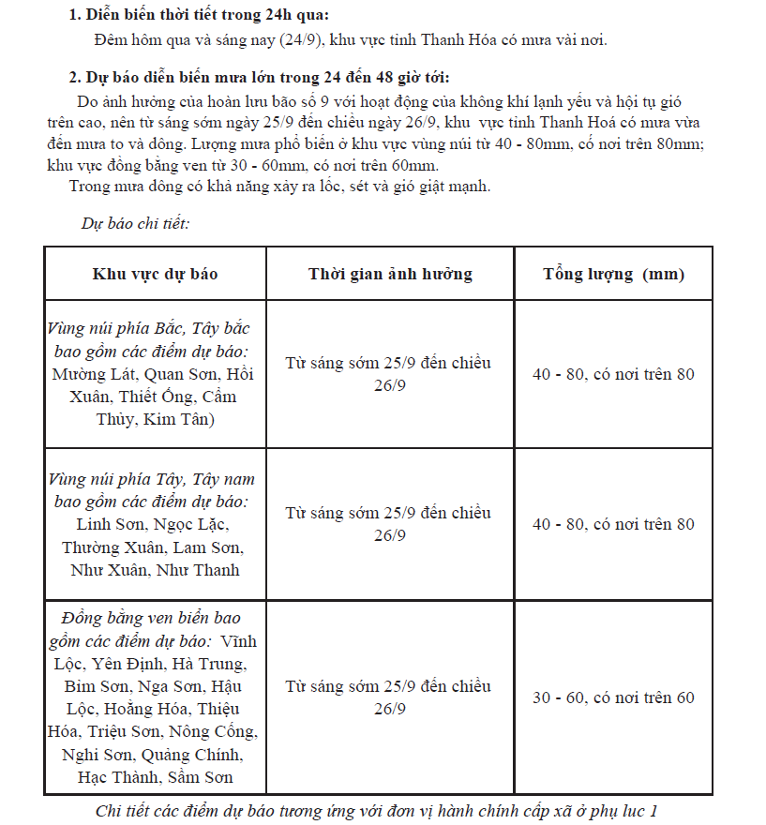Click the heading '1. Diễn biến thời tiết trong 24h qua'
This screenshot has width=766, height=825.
[199, 15]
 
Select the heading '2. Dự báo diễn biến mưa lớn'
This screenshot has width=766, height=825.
[259, 77]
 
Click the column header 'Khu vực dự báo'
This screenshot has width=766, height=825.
[155, 274]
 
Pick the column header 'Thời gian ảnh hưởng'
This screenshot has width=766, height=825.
[390, 274]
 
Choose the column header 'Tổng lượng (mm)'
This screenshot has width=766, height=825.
[613, 274]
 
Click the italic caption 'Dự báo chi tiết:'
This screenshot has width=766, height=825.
[135, 223]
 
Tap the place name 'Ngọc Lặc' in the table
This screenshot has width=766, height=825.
[190, 524]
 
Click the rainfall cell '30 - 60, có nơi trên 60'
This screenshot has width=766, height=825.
[613, 697]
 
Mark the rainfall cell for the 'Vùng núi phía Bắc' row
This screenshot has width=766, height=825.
[613, 374]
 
